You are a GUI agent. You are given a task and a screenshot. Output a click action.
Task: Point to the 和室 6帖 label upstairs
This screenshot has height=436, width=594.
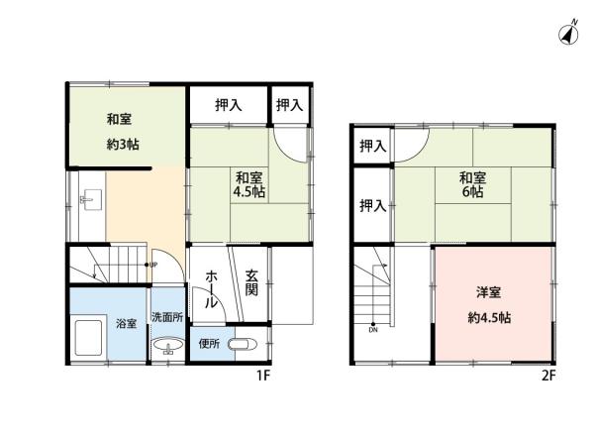tap(472, 185)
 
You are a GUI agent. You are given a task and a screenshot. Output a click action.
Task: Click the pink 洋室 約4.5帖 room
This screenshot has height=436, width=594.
tap(493, 304)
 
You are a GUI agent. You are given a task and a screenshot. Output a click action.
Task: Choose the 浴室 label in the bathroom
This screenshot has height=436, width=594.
tap(126, 324)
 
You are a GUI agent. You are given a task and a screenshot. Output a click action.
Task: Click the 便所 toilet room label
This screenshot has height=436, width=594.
tap(208, 345)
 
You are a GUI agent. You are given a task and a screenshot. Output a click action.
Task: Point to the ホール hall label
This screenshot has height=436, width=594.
tap(212, 288)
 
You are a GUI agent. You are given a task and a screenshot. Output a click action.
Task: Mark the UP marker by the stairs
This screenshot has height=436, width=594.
tap(153, 265)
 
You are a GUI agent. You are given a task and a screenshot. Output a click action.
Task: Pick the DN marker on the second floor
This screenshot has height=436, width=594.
tap(373, 329)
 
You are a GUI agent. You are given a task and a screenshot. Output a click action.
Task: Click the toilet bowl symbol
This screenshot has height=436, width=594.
tap(242, 345)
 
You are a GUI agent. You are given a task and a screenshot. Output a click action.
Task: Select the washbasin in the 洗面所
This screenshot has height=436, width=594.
tap(167, 346)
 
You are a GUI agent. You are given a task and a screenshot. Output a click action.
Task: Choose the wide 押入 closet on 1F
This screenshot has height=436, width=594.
tap(227, 103)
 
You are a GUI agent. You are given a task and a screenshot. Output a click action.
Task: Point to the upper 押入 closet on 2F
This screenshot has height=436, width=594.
tap(372, 147)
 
